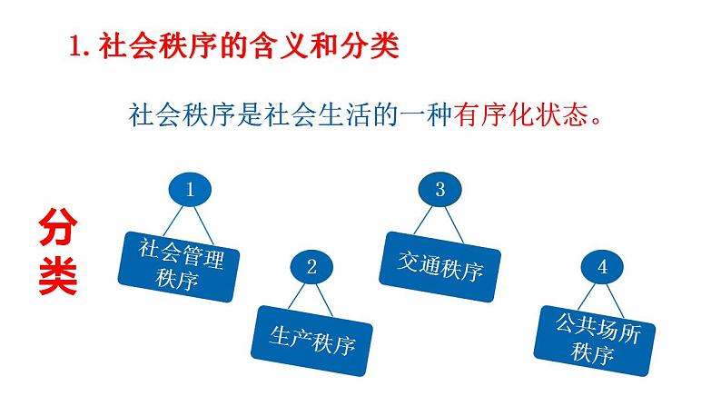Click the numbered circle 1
click(190, 190)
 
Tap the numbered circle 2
click(311, 267)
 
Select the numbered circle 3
click(440, 190)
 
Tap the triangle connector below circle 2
click(311, 297)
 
